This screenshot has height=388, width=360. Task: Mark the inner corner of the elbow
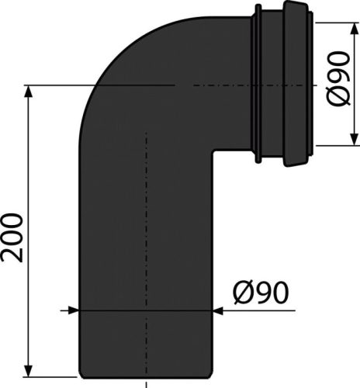[213, 152]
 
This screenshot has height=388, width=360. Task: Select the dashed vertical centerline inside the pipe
[146, 233]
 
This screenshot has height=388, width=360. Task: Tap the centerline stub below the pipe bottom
[146, 382]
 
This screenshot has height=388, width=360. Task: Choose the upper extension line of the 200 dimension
[54, 84]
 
